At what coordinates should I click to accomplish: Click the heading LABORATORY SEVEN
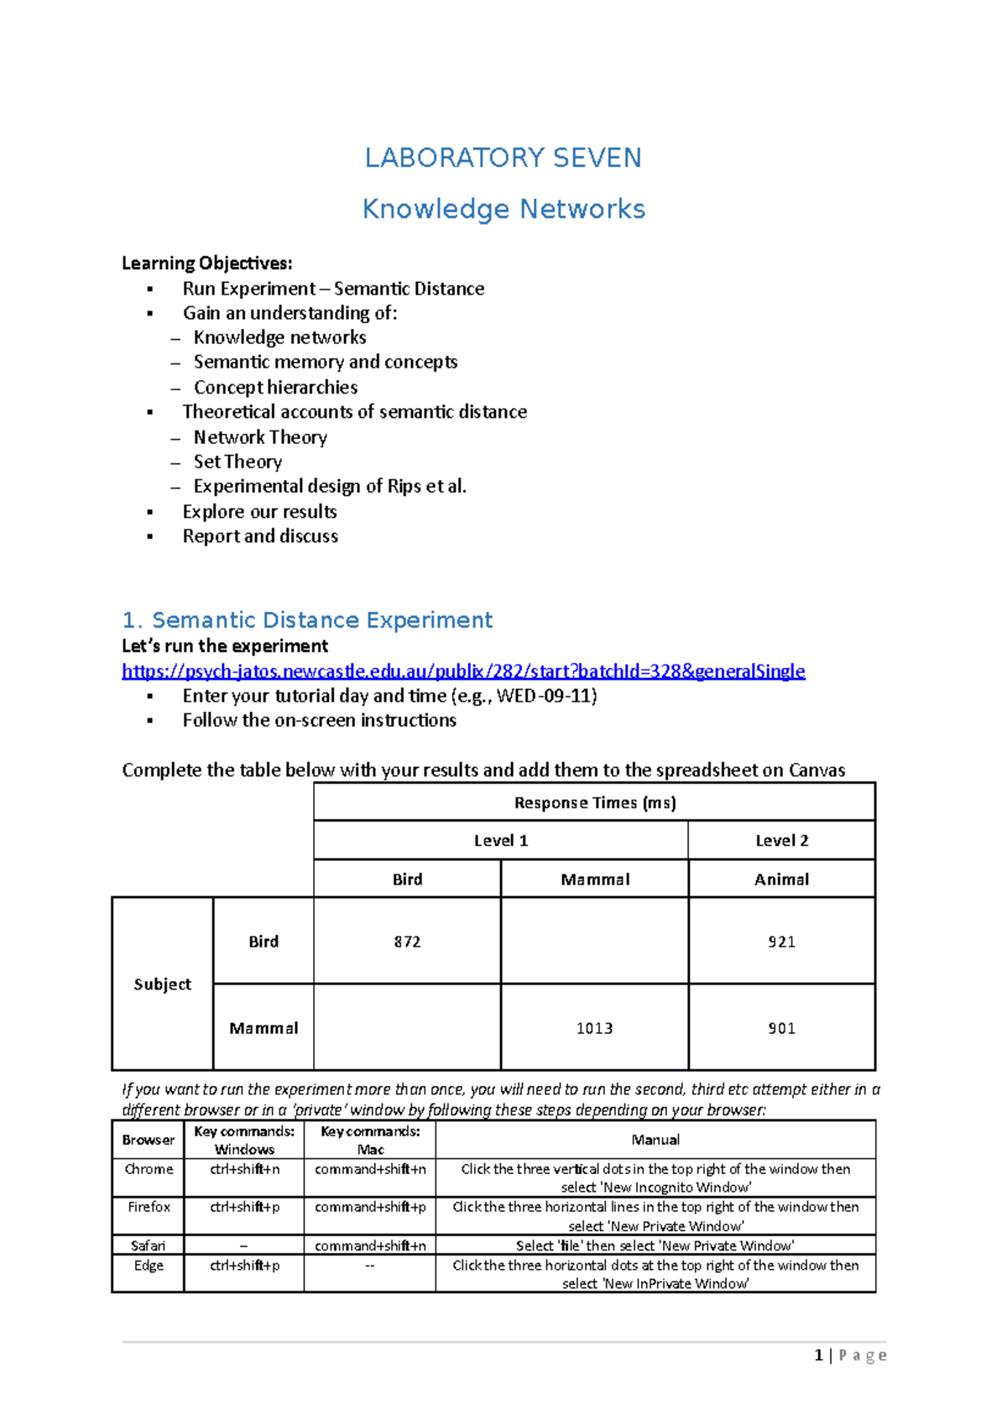coord(503,158)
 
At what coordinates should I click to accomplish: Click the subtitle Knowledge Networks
coord(503,209)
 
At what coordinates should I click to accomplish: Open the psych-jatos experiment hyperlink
coord(463,671)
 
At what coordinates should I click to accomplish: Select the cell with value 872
coord(407,942)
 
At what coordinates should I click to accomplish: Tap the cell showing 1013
coord(594,1028)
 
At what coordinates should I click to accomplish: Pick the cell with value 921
coord(781,942)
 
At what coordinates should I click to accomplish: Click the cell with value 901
coord(781,1028)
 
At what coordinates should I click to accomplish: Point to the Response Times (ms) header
coord(594,803)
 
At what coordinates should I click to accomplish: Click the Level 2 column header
coord(781,841)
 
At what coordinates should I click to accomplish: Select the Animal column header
coord(781,880)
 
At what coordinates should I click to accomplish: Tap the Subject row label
coord(162,984)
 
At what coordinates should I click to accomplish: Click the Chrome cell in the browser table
coord(149,1170)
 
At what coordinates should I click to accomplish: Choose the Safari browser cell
coord(148,1246)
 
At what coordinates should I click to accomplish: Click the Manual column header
coord(655,1141)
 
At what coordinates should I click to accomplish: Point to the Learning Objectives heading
coord(206,264)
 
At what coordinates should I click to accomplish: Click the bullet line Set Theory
coord(237,462)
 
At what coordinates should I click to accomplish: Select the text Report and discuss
coord(260,537)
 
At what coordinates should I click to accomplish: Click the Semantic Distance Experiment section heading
coord(307,620)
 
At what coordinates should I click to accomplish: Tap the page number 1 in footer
coord(818,1355)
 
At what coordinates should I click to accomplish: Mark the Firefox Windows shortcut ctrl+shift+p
coord(244,1208)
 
